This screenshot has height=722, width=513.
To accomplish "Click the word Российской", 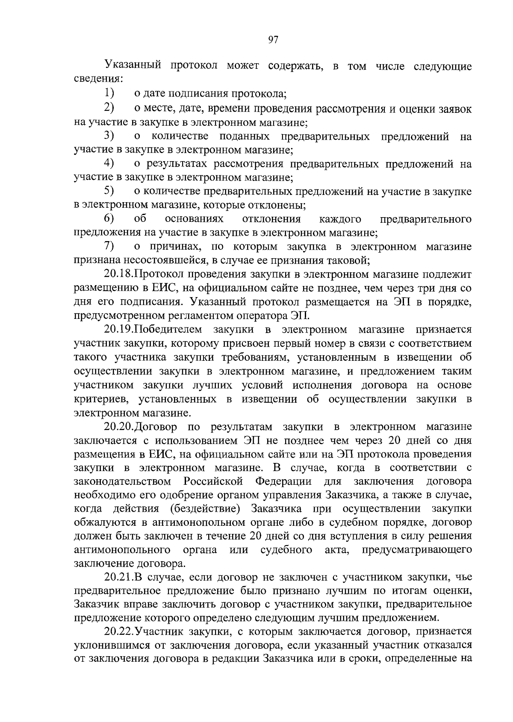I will (213, 481).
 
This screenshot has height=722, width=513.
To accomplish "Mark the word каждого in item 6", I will (340, 219).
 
